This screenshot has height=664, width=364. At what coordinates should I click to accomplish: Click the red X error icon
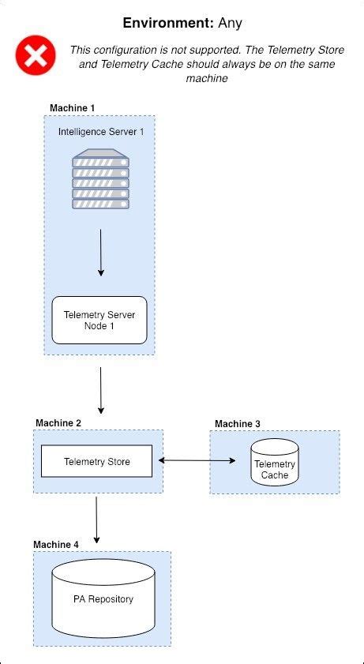click(36, 54)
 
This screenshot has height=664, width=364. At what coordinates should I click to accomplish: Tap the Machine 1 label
click(72, 107)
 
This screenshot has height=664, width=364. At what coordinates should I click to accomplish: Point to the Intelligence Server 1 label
click(101, 131)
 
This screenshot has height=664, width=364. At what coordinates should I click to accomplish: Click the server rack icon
click(100, 179)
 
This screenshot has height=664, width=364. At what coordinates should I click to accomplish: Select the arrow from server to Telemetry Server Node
click(100, 253)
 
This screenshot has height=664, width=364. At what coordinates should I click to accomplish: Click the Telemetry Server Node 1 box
click(99, 320)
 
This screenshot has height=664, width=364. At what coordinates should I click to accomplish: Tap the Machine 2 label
click(58, 423)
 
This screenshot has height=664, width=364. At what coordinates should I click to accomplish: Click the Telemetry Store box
click(96, 461)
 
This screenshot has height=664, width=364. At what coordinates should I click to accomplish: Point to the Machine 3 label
click(238, 424)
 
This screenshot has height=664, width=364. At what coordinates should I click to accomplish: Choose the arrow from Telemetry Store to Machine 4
click(96, 520)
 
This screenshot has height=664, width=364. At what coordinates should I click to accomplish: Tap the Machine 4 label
click(57, 545)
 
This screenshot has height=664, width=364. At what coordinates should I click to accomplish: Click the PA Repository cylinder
click(103, 599)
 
